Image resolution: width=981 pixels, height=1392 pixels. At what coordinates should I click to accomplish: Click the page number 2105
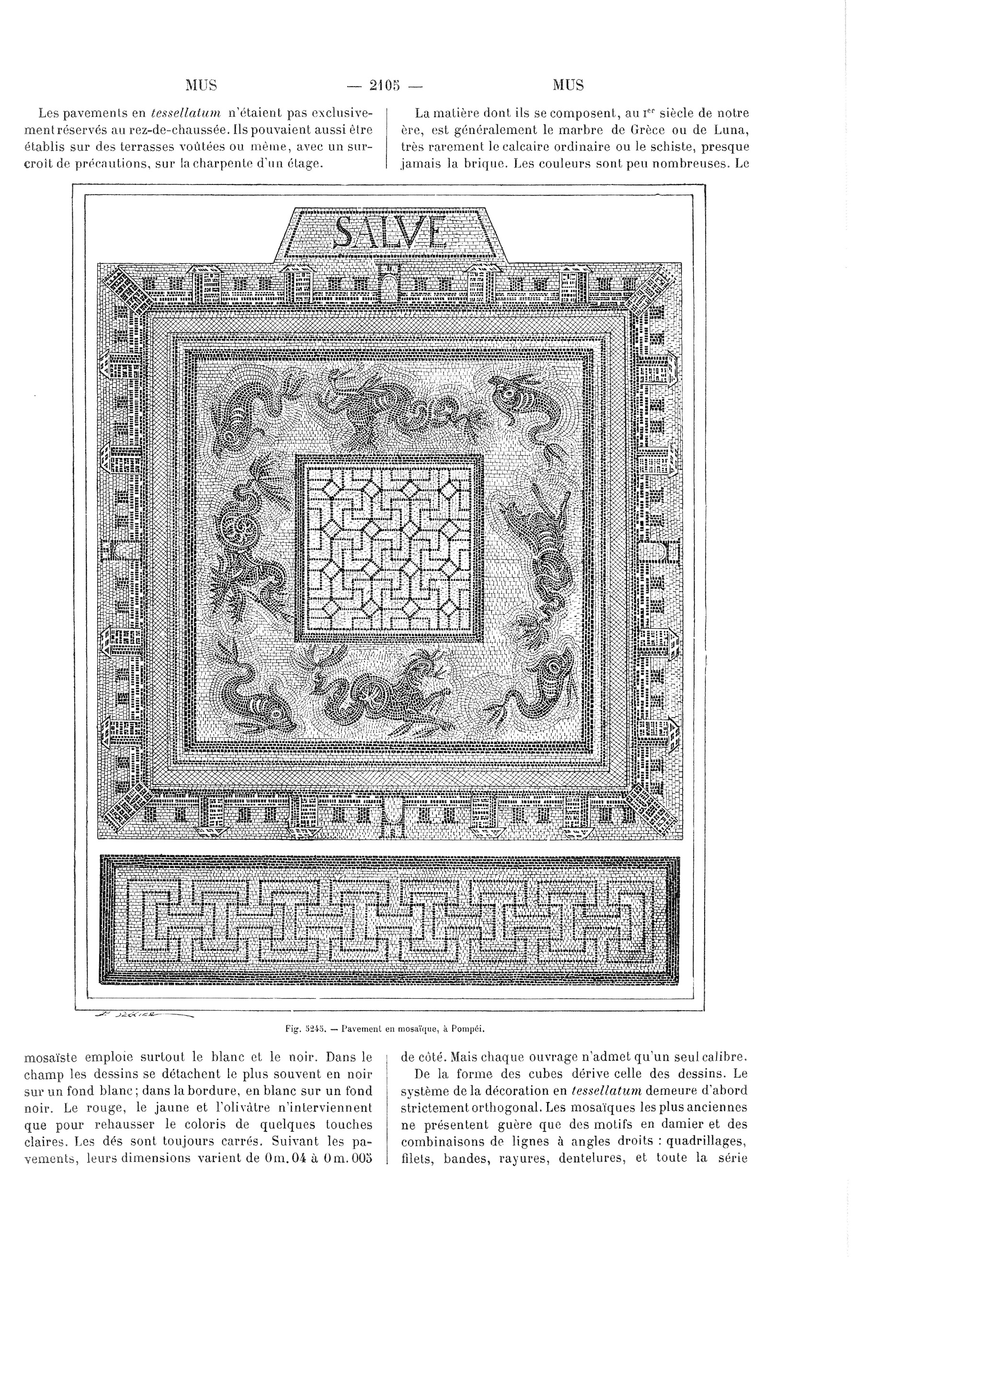click(384, 85)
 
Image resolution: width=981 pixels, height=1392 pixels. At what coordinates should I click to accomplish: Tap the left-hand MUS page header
click(201, 85)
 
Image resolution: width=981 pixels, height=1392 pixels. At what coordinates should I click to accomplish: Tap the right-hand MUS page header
click(568, 85)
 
